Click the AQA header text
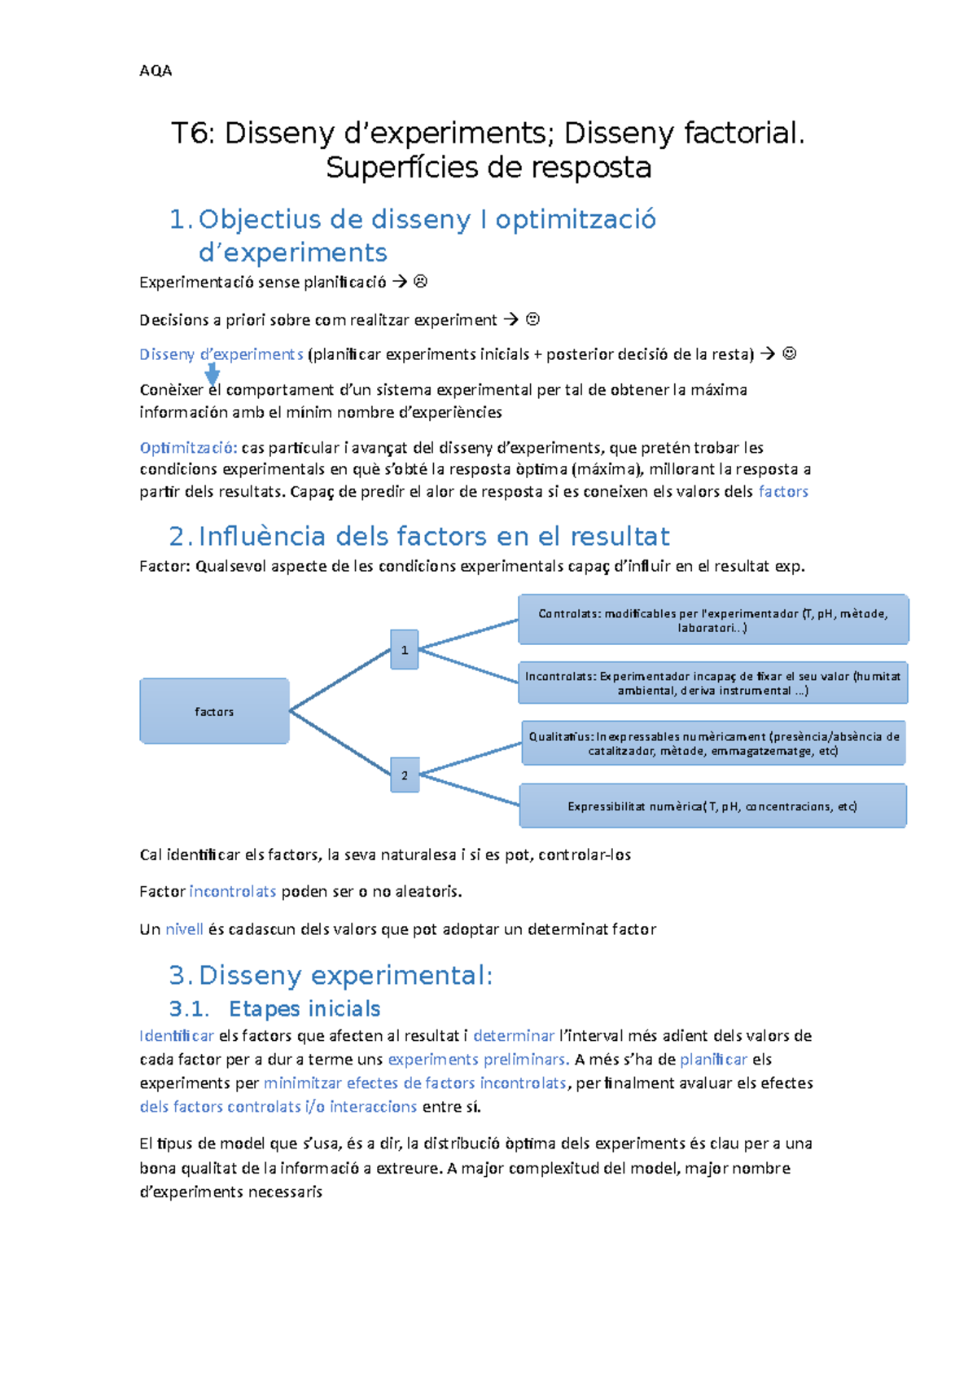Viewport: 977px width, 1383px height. coord(156,71)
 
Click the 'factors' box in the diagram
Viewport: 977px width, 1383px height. coord(214,711)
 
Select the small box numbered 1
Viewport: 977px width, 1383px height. coord(405,650)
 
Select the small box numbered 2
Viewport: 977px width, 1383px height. coord(405,775)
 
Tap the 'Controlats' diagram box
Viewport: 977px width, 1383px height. coord(713,620)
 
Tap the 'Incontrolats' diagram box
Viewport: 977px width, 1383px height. coord(713,683)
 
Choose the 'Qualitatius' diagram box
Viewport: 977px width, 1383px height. coord(713,743)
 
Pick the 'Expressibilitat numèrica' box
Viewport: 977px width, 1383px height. coord(713,806)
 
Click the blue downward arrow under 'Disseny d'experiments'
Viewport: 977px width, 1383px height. coord(212,374)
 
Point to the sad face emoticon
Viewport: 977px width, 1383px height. coord(421,282)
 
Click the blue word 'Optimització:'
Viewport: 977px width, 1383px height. coord(188,448)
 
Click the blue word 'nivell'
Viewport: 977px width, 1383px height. coord(184,929)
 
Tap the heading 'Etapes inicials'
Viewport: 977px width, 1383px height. coord(304,1009)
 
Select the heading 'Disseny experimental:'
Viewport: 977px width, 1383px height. coord(345,975)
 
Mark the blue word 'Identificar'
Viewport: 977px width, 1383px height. coord(177,1036)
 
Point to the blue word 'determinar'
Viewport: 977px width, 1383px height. coord(514,1036)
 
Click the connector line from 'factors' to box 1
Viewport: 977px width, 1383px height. coord(340,680)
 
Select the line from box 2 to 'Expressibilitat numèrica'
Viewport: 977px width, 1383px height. coord(469,790)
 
